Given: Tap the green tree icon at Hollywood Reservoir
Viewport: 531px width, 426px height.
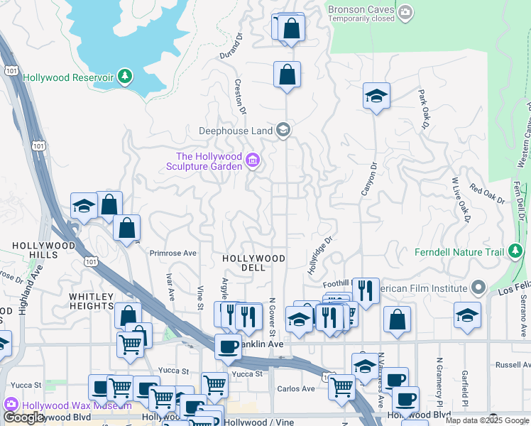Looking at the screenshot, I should point(125,76).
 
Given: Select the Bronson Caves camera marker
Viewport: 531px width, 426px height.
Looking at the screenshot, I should point(405,11).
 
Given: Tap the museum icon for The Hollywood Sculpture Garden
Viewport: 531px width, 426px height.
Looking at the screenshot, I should point(251,161).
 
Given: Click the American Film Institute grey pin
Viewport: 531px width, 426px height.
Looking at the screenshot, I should point(478,288).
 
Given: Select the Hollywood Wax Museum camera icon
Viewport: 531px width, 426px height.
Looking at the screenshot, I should point(11,406).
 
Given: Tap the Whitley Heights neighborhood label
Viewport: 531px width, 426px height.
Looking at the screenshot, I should point(91,301).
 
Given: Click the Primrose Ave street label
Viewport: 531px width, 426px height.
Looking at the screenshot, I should point(173,253).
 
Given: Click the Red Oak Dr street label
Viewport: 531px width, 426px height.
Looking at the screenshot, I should point(486,195).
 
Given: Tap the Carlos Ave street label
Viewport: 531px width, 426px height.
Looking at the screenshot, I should point(295,389).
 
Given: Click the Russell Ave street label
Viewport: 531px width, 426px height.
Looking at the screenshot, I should point(512,365).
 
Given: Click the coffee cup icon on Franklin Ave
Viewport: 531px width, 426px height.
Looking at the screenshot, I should point(228,346).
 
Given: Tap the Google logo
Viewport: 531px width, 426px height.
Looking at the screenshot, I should point(23,417).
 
